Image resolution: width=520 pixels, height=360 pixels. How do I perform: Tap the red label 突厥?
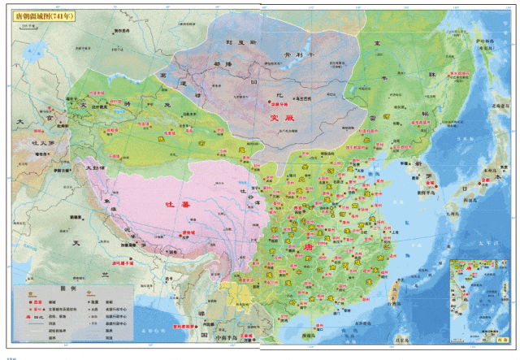tap(280, 118)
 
